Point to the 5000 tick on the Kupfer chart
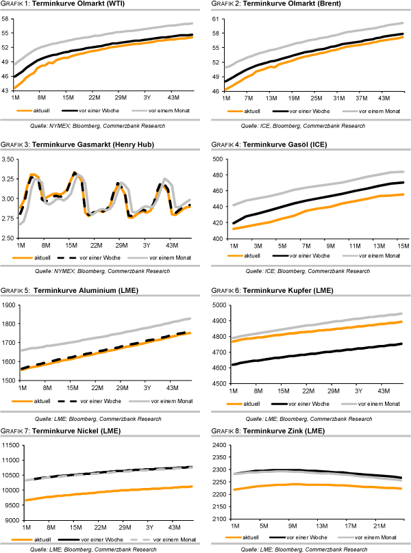pyautogui.click(x=219, y=305)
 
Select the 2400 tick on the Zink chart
pyautogui.click(x=219, y=446)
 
